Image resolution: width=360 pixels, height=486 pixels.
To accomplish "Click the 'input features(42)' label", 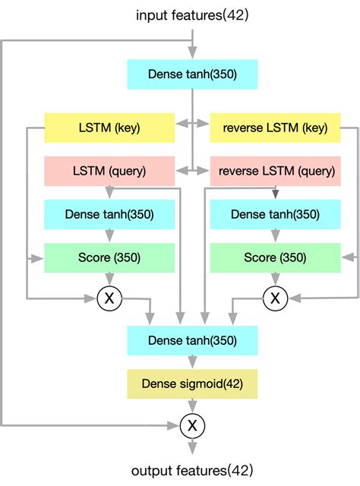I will [192, 14].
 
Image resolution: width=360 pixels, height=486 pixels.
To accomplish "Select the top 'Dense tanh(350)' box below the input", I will [192, 74].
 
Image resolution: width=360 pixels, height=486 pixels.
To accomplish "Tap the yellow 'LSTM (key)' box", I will [109, 128].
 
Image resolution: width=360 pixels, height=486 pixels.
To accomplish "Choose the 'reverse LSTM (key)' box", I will [274, 128].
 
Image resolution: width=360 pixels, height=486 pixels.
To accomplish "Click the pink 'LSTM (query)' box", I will [109, 171].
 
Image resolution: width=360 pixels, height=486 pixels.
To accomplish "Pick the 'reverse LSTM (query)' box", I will [274, 171].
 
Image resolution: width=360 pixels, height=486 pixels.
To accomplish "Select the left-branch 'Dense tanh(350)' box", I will [109, 214].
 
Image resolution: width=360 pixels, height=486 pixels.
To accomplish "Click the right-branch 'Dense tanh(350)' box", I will [274, 214].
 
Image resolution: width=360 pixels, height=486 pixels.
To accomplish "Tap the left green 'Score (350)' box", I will [109, 257].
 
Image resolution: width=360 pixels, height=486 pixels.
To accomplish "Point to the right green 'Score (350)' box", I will [274, 257].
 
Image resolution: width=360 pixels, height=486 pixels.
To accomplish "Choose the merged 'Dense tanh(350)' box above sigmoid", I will [192, 341].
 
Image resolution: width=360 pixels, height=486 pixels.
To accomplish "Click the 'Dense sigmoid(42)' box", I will [192, 384].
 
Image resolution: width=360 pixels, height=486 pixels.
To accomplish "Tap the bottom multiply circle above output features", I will [192, 426].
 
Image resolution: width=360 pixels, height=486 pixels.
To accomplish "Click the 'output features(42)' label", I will [192, 470].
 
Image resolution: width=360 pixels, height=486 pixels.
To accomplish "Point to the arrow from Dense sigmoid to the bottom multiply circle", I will [192, 406].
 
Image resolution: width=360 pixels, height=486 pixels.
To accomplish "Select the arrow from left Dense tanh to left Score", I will [109, 235].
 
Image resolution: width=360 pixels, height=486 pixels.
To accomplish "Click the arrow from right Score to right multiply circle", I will [274, 279].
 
